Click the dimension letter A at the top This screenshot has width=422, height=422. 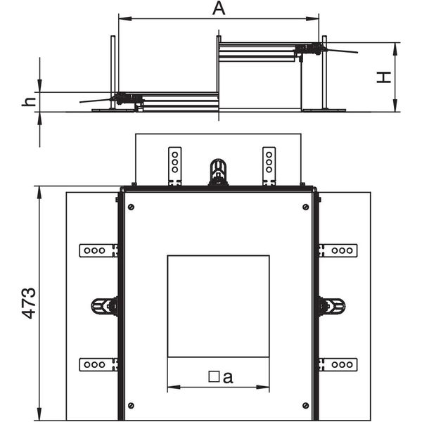(219, 8)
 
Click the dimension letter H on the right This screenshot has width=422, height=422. (383, 77)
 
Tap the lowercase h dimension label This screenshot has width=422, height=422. (29, 102)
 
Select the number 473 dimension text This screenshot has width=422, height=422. (29, 303)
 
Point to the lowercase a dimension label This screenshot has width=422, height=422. (228, 377)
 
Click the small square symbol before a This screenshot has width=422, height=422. (214, 377)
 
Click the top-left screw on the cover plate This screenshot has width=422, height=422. (131, 207)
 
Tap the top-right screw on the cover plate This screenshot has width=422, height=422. (305, 207)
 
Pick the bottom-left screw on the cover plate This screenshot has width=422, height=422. (131, 405)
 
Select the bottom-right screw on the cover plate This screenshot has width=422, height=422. (305, 405)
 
